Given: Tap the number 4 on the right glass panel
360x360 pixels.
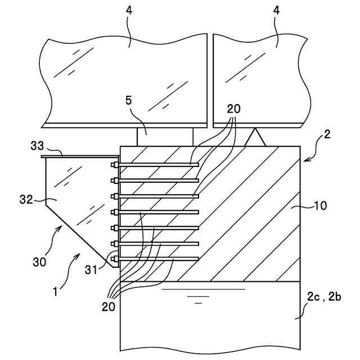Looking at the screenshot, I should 277,25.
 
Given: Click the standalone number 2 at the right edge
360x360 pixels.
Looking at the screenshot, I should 327,134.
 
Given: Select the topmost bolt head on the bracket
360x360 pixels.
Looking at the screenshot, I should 115,165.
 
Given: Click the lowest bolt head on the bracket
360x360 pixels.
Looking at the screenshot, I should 115,259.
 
